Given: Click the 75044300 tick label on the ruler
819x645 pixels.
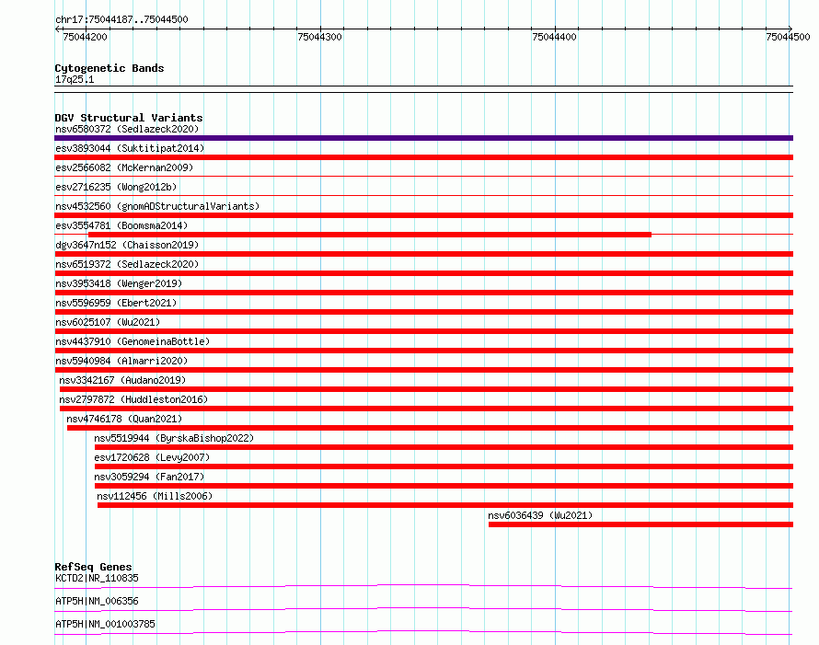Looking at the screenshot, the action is click(319, 37).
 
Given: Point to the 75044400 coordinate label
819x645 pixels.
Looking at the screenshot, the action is click(554, 37).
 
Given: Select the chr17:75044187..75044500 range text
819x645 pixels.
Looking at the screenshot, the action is click(121, 19).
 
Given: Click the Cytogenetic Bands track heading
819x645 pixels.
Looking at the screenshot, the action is click(110, 68).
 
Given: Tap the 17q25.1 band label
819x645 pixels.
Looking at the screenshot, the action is click(75, 79).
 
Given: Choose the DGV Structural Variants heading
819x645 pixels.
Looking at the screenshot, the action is click(129, 118).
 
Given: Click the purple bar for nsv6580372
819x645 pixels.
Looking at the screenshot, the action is click(423, 138).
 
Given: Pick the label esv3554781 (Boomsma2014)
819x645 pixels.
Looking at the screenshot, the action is click(121, 225).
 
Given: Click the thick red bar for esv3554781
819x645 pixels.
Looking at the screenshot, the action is click(370, 235).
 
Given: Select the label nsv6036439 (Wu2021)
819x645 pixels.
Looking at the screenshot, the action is click(540, 515).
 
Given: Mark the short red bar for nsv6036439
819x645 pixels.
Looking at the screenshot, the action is click(640, 524).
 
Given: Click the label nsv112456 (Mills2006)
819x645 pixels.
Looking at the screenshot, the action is click(155, 496).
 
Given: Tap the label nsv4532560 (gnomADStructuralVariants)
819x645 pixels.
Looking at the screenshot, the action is click(157, 206).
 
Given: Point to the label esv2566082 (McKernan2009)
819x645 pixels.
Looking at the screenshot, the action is click(124, 167).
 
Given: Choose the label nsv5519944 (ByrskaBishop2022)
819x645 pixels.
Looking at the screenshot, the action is click(174, 438).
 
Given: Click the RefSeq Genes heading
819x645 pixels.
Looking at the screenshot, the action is click(94, 567).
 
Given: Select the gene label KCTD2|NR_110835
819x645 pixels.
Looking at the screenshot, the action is click(98, 578).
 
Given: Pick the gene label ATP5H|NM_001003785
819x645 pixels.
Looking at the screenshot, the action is click(106, 624).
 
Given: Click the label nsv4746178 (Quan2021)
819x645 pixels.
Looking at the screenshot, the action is click(124, 419).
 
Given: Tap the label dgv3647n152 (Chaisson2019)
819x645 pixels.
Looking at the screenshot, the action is click(127, 245).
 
